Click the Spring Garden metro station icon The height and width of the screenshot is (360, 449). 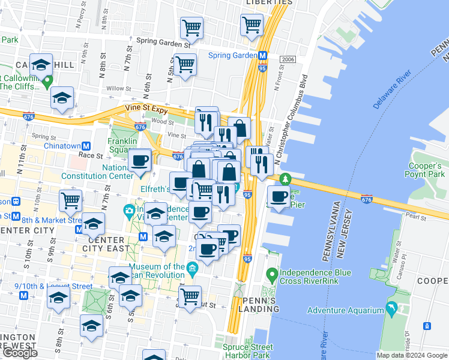click(262, 56)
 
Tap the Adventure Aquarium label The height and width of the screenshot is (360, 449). click(345, 310)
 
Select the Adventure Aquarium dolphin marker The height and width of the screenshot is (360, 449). click(391, 310)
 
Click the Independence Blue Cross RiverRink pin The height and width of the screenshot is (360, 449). click(272, 276)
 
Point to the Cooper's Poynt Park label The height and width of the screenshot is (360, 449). click(425, 169)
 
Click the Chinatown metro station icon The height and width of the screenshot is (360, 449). click(86, 146)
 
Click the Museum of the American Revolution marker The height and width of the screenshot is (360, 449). click(192, 267)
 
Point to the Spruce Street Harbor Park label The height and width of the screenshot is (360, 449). click(247, 351)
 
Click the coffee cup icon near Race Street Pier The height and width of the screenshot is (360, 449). click(279, 197)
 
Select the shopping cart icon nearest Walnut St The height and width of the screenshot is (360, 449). click(190, 295)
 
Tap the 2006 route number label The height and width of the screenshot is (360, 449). click(288, 59)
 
